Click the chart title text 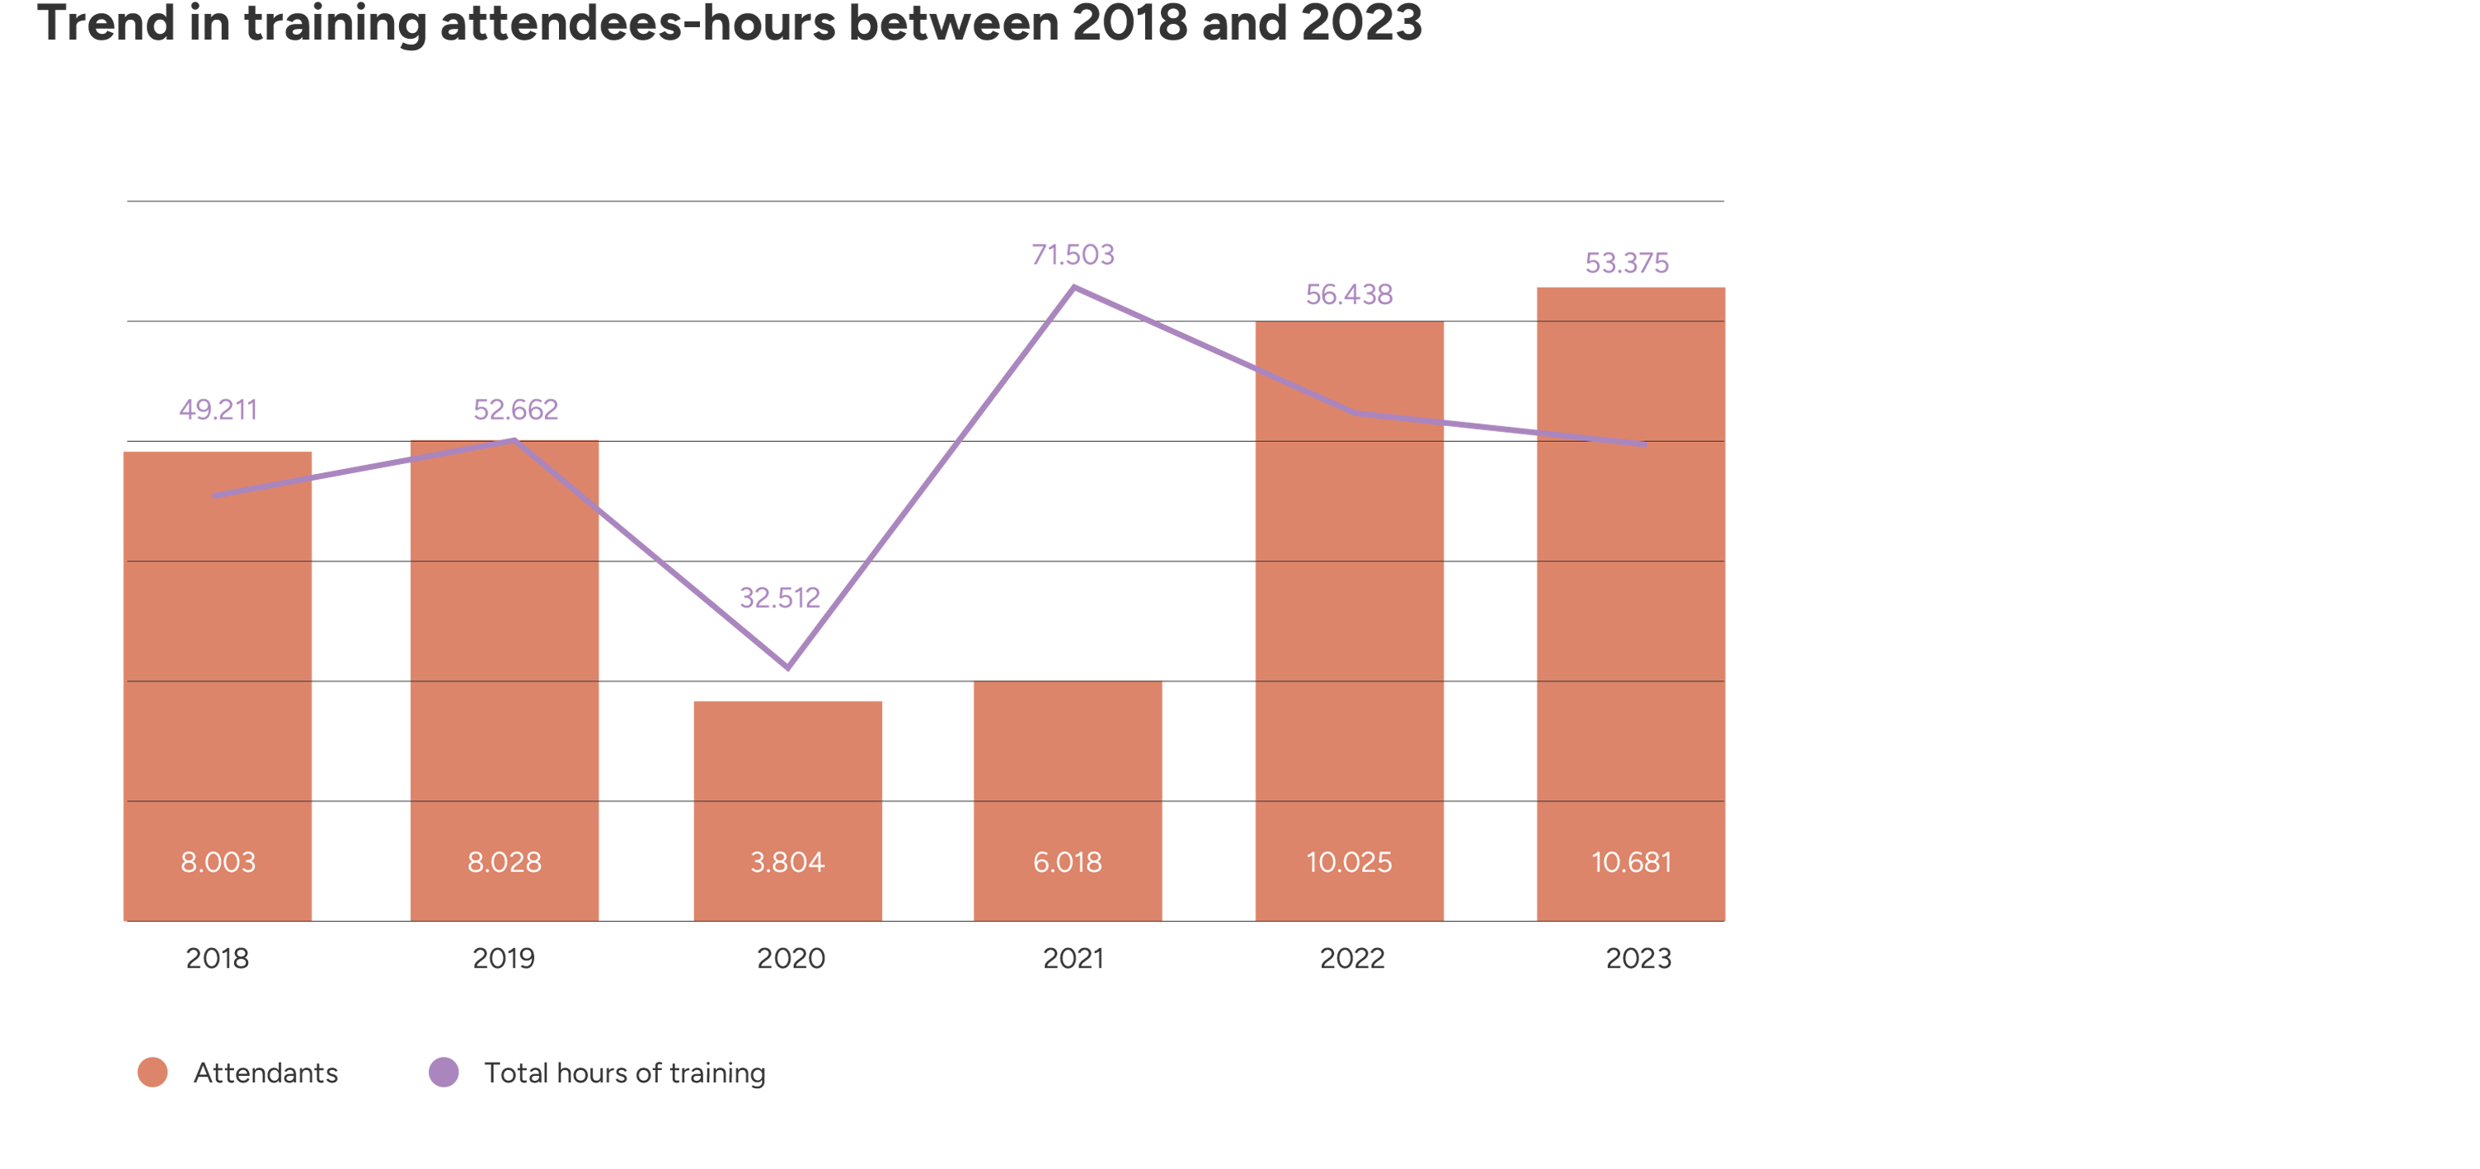[729, 23]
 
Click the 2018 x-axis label [218, 958]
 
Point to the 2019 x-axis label [504, 958]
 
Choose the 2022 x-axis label [1351, 958]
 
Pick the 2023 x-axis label [1637, 958]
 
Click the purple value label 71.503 [1073, 254]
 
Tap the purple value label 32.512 [780, 597]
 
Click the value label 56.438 [1349, 293]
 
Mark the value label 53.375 [1627, 262]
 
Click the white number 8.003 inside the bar [218, 861]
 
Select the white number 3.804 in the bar [787, 861]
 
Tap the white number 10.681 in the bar [1631, 861]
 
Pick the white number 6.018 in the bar [1068, 861]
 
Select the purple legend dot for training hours [444, 1072]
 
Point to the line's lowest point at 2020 [788, 666]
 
